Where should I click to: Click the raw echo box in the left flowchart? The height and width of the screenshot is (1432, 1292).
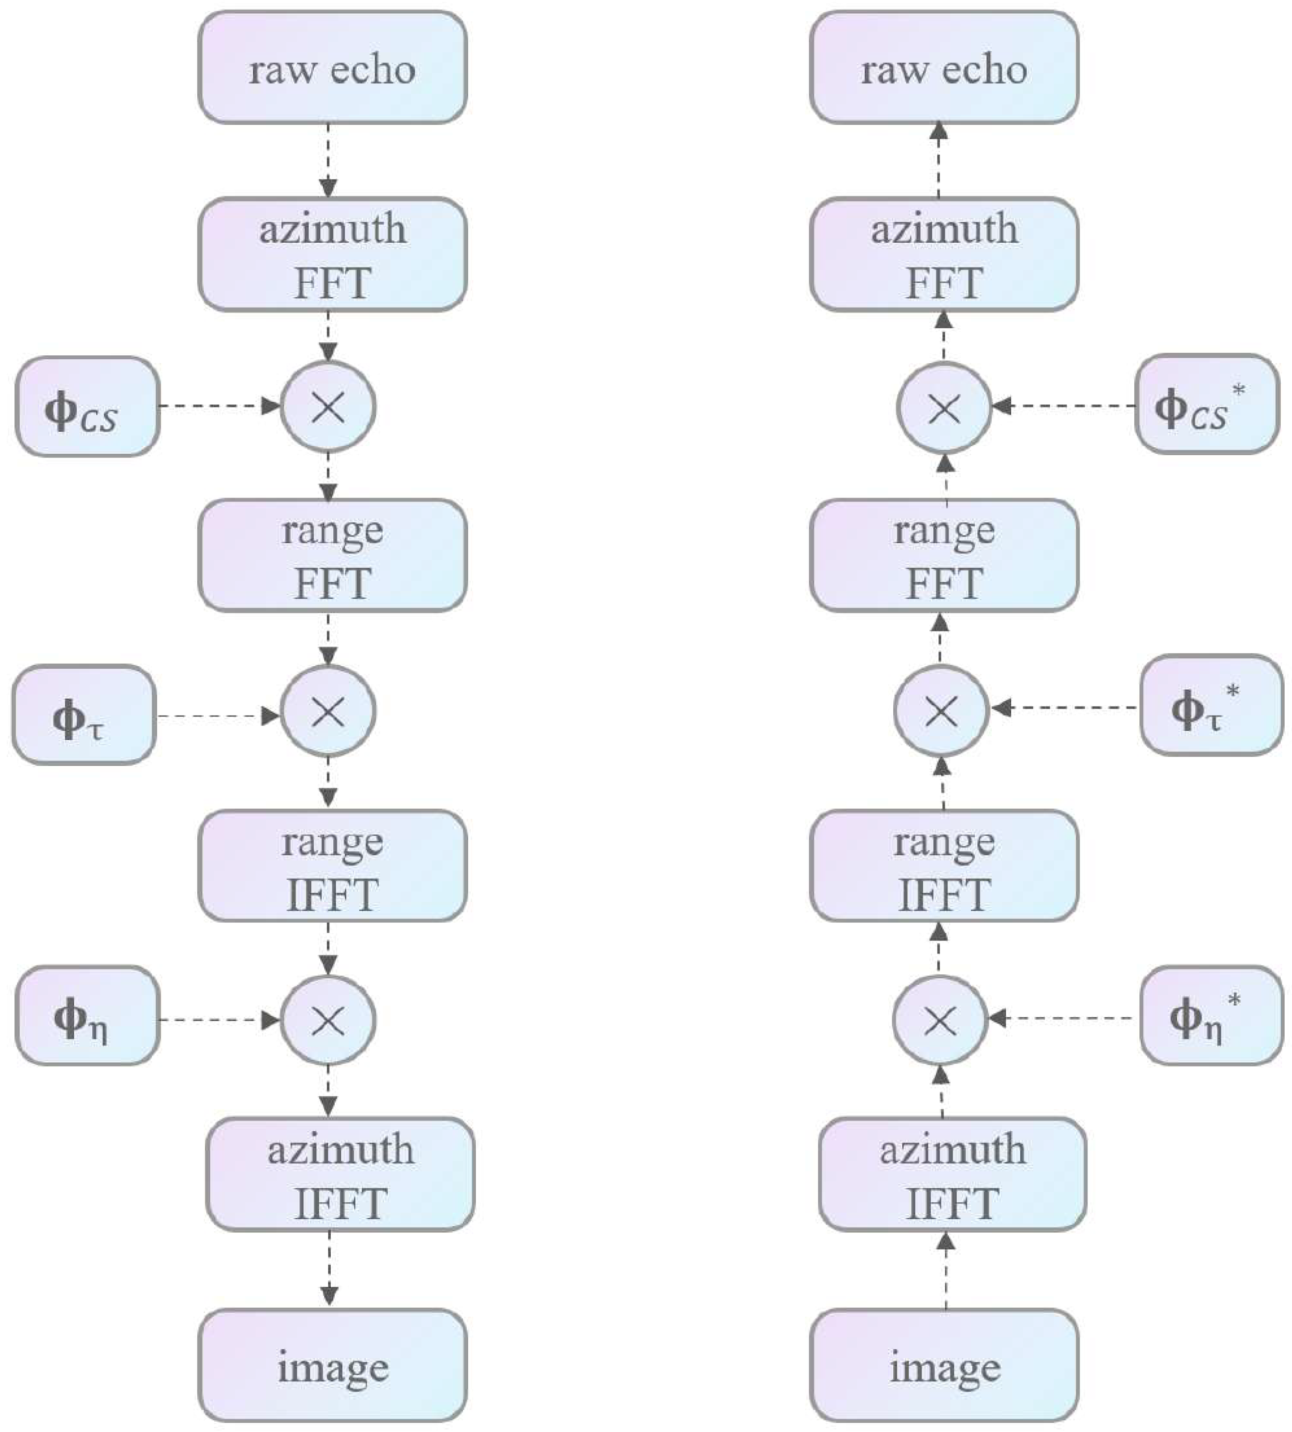332,68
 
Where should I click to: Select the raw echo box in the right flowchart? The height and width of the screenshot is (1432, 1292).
944,68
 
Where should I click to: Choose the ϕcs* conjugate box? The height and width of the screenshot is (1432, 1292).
1206,404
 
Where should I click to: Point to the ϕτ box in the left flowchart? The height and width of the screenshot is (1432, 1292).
84,715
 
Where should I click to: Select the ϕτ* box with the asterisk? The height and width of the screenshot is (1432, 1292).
1211,705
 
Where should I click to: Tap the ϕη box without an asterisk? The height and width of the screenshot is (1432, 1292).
87,1015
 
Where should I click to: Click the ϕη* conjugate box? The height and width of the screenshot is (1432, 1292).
1211,1015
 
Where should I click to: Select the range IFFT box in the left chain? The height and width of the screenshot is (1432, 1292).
332,866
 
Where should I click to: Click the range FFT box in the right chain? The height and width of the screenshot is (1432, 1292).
944,555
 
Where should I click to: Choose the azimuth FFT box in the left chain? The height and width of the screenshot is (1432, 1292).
332,254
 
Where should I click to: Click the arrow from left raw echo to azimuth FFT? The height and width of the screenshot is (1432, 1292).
328,160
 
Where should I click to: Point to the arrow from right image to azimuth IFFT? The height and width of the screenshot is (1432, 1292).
946,1270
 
